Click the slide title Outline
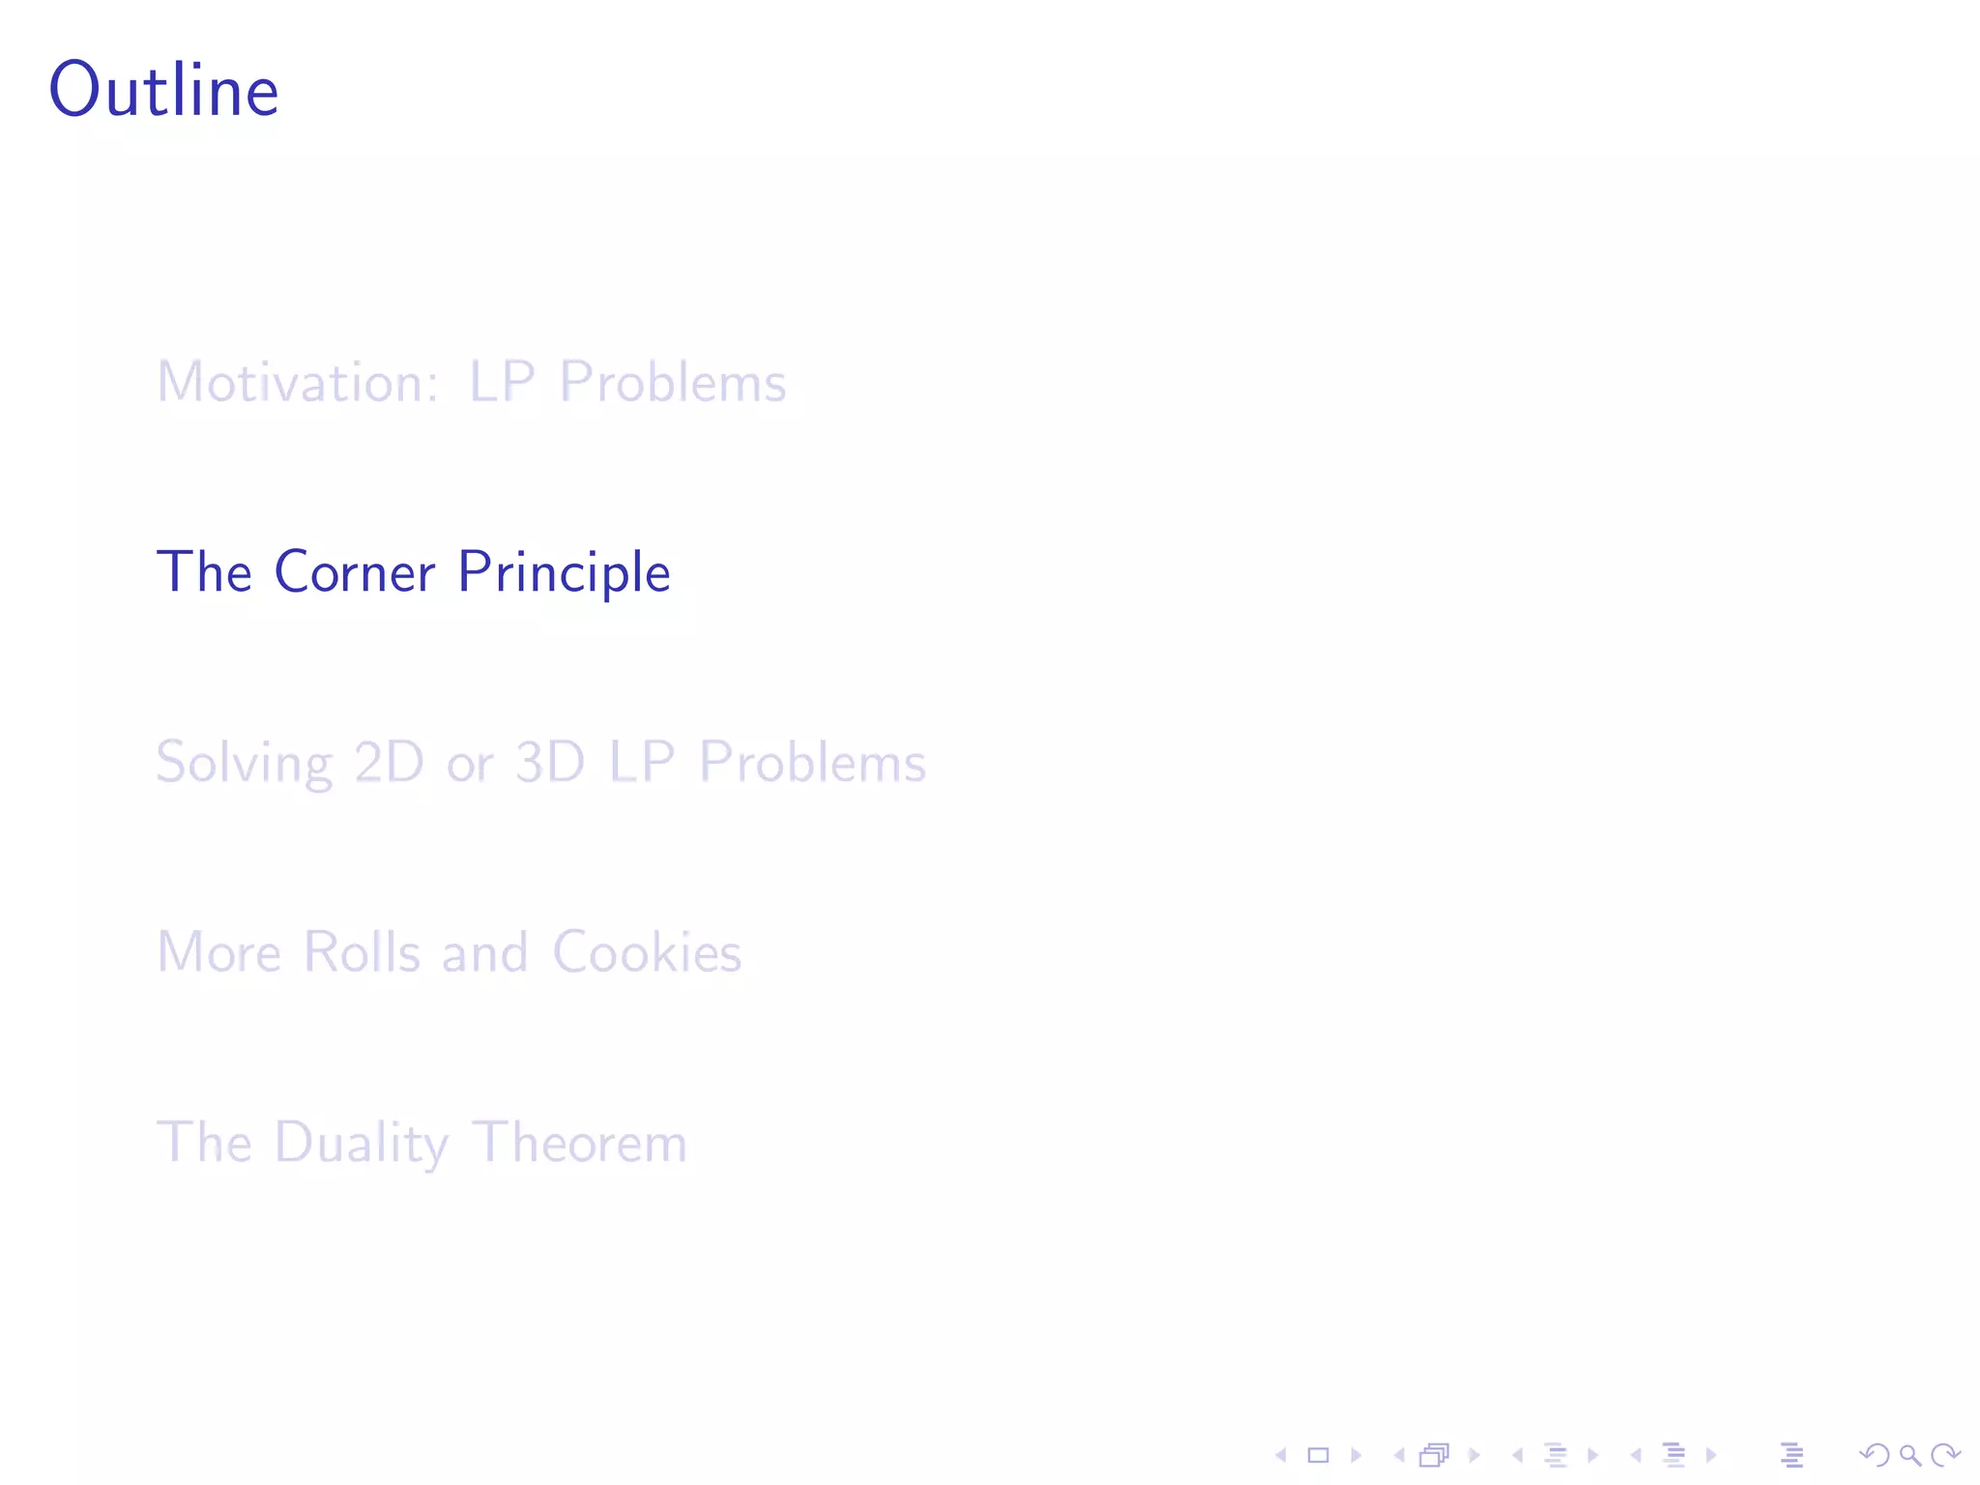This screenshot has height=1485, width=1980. coord(164,91)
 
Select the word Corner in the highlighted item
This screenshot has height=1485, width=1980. coord(355,571)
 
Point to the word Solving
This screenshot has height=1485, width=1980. coord(244,763)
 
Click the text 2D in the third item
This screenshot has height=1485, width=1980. coord(389,762)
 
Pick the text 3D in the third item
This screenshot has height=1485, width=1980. coord(550,762)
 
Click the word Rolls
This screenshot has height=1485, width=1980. coord(362,952)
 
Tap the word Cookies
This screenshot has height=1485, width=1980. coord(647,952)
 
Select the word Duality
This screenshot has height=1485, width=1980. coord(362,1143)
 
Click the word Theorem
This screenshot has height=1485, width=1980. coord(580,1143)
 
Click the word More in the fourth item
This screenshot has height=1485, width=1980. coord(218,952)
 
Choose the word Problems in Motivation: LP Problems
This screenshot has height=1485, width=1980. coord(673,382)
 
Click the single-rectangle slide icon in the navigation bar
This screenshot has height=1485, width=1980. coord(1318,1455)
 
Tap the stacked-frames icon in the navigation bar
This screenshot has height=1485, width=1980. coord(1435,1455)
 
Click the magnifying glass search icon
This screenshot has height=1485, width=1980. coord(1909,1455)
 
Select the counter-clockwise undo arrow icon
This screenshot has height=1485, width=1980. coord(1874,1455)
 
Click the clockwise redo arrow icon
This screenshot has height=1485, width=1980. coord(1945,1455)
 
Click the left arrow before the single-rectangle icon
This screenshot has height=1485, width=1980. coord(1281,1455)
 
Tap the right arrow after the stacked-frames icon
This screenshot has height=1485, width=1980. coord(1474,1455)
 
